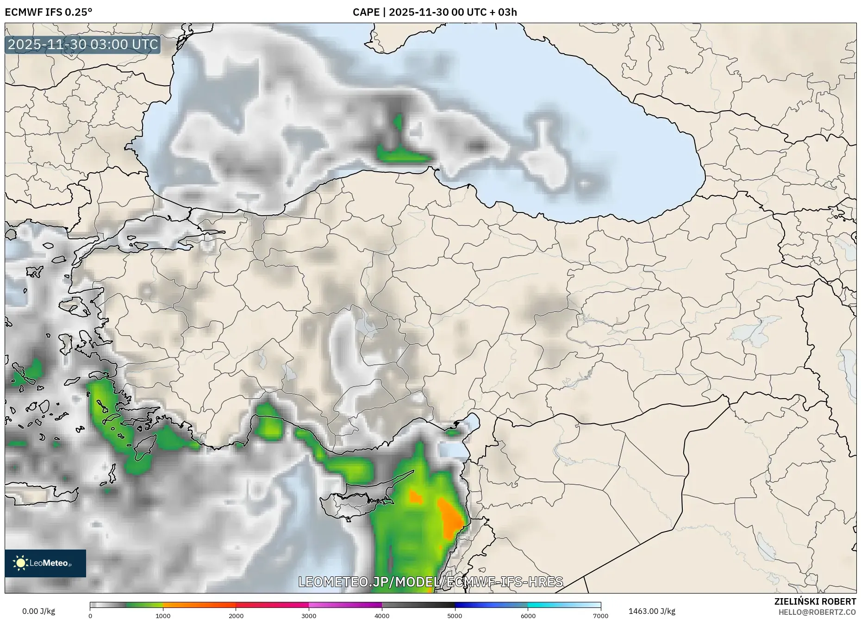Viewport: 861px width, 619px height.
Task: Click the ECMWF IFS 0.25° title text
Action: point(49,12)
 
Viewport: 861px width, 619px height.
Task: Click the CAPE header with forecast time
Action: point(434,12)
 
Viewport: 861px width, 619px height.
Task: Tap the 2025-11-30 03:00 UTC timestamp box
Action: point(83,45)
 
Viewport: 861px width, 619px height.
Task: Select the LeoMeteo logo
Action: point(45,563)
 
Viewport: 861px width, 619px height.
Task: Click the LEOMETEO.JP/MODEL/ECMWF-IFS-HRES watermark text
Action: point(430,582)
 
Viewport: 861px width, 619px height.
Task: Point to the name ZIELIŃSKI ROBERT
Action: point(815,601)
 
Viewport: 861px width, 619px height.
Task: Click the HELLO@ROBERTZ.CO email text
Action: point(817,612)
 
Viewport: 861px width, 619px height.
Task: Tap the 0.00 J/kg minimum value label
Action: point(38,611)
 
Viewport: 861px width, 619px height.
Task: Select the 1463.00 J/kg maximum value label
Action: point(651,611)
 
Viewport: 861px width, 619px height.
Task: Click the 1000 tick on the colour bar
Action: point(163,616)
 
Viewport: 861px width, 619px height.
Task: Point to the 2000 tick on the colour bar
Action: point(236,616)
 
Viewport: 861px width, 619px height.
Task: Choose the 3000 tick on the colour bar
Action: point(309,616)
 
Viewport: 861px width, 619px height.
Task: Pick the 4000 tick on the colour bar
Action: point(382,616)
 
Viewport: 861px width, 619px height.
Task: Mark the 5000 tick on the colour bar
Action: point(455,616)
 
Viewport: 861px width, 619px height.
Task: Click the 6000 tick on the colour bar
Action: point(528,616)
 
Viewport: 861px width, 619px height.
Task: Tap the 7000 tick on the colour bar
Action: point(600,616)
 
